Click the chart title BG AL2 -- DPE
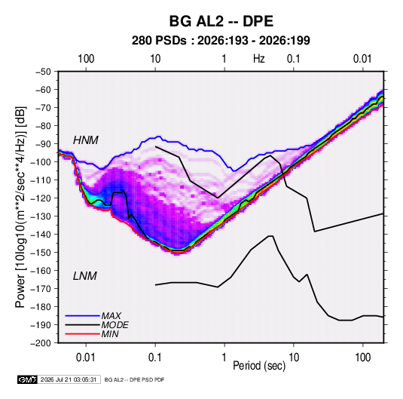click(221, 21)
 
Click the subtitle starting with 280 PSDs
click(221, 41)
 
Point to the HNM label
click(86, 140)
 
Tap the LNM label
click(85, 276)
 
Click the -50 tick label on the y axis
click(43, 72)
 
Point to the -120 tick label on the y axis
click(41, 198)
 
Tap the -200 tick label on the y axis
click(41, 343)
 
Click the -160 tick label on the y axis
click(41, 271)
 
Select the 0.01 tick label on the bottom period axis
click(86, 358)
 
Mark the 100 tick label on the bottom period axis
click(362, 358)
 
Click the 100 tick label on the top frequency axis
click(86, 59)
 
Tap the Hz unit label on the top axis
click(259, 59)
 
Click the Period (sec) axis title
click(259, 366)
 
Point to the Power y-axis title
click(20, 207)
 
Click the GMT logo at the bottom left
click(28, 379)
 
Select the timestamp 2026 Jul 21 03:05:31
click(69, 379)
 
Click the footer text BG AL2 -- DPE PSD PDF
click(134, 379)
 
